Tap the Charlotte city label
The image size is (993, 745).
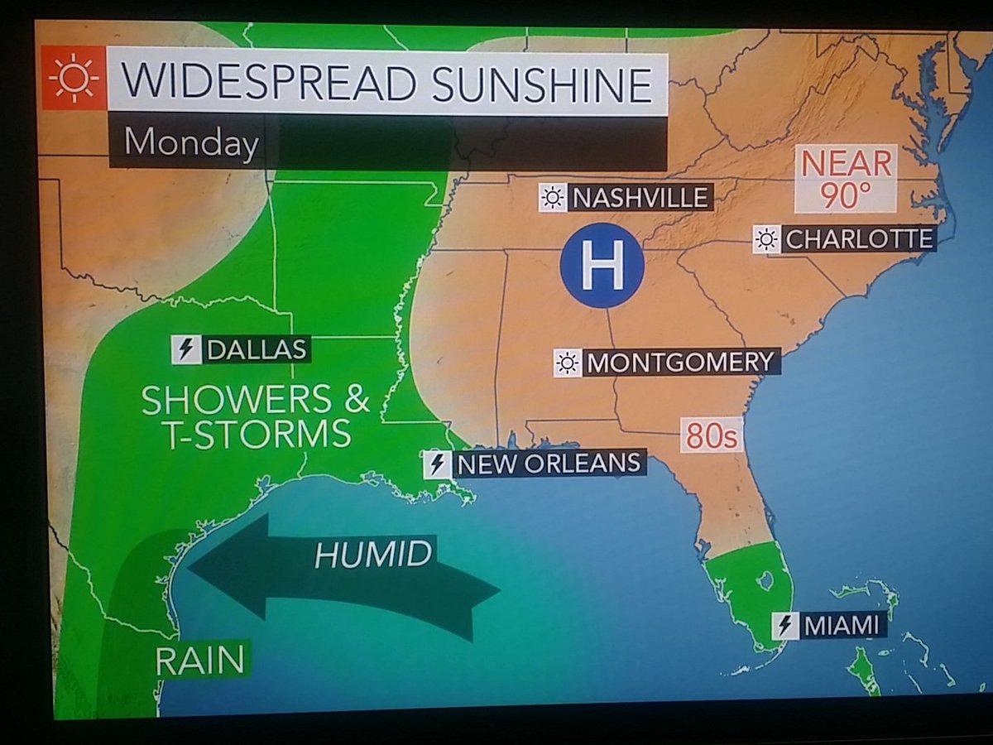pyautogui.click(x=858, y=240)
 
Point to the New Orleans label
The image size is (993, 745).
pyautogui.click(x=549, y=464)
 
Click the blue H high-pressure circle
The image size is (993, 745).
pyautogui.click(x=602, y=266)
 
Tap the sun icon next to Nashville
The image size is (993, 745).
pyautogui.click(x=552, y=198)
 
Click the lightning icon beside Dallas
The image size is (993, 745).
pyautogui.click(x=185, y=349)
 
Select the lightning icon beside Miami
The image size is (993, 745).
pyautogui.click(x=784, y=626)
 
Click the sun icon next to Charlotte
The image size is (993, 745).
pyautogui.click(x=766, y=240)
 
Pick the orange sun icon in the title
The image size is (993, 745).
pyautogui.click(x=73, y=79)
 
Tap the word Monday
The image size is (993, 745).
pyautogui.click(x=190, y=143)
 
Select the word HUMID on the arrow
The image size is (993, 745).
pyautogui.click(x=373, y=554)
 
